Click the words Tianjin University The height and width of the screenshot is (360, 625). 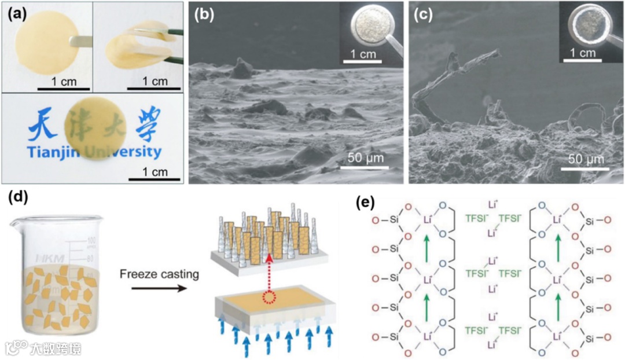pos(93,153)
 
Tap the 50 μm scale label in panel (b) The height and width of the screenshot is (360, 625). pos(370,159)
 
